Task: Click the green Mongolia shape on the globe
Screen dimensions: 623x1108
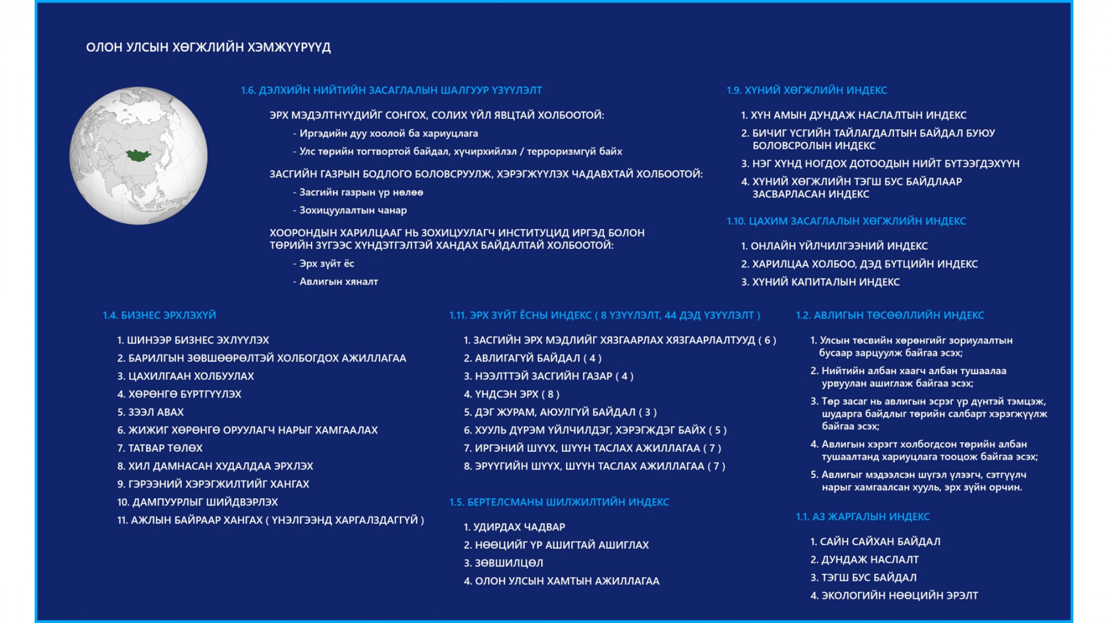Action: [139, 155]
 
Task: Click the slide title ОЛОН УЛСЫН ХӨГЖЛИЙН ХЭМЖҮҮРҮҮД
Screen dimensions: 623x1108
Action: [208, 47]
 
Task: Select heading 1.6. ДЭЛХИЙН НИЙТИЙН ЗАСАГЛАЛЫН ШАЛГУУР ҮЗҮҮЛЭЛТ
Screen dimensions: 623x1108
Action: [391, 90]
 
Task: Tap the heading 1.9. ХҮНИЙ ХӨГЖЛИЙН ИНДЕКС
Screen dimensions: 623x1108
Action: [807, 90]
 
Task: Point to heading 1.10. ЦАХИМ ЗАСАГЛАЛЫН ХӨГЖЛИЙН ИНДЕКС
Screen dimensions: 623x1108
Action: [846, 221]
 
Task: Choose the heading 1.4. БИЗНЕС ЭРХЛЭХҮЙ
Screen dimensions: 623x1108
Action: [159, 315]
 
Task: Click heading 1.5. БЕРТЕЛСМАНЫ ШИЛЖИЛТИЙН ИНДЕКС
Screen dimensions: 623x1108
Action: [559, 502]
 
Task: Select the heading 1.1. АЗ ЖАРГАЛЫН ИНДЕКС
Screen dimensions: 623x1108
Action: [863, 517]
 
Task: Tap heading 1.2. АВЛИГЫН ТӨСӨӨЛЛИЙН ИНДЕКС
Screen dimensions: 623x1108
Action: [890, 315]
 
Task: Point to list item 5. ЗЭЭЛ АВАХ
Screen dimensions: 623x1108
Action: [151, 412]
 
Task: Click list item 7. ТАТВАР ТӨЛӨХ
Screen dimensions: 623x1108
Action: [160, 448]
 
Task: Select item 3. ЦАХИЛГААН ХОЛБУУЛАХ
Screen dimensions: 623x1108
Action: [185, 376]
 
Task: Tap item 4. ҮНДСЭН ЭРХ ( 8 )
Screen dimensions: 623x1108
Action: [512, 394]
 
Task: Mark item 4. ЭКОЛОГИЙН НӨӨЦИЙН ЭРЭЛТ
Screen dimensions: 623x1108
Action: [894, 595]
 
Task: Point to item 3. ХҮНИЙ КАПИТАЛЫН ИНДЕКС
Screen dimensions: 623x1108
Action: [820, 282]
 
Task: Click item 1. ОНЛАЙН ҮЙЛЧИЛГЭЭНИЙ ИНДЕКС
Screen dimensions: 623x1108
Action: [834, 246]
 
